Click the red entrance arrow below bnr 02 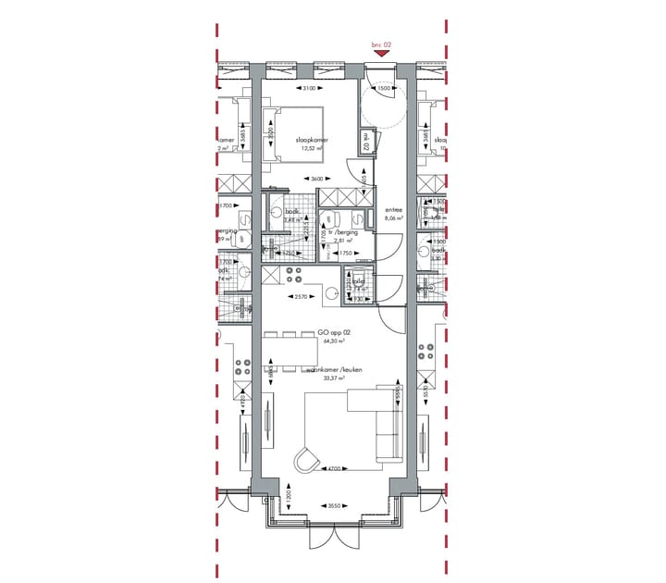point(381,54)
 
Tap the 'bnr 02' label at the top point(381,43)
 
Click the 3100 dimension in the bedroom point(309,89)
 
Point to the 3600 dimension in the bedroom point(316,179)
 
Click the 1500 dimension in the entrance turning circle point(396,89)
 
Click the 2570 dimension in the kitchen point(300,296)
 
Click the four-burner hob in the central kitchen point(294,275)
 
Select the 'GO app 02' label point(333,331)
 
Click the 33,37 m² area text point(333,378)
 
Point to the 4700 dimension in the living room point(336,470)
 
